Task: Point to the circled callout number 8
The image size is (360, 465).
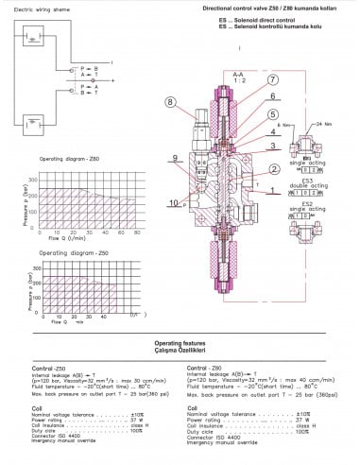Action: (170, 101)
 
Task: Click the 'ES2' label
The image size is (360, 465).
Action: (319, 202)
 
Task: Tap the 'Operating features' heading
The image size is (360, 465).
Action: (180, 343)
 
